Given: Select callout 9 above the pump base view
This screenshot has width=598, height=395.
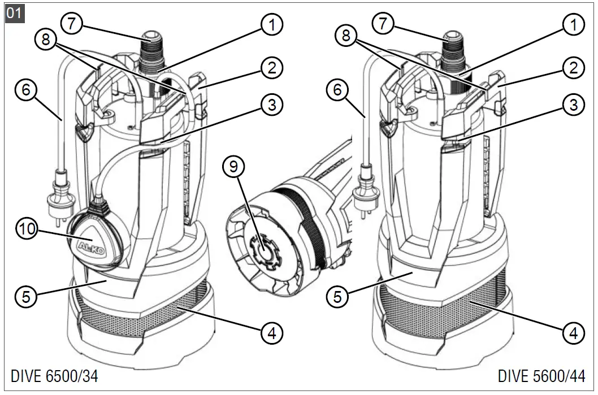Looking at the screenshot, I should pos(235,167).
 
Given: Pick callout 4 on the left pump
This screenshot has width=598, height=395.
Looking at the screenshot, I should pos(272,332).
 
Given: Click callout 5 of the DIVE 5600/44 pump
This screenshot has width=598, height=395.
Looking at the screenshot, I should pos(338,296).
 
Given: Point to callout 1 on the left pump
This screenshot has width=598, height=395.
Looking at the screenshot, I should pos(272,24).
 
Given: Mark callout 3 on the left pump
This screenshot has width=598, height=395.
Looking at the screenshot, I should pos(272,104).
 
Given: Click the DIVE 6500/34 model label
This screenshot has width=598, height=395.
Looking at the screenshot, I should pos(50,376).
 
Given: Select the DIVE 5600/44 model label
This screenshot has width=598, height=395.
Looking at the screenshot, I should pos(541,376).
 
